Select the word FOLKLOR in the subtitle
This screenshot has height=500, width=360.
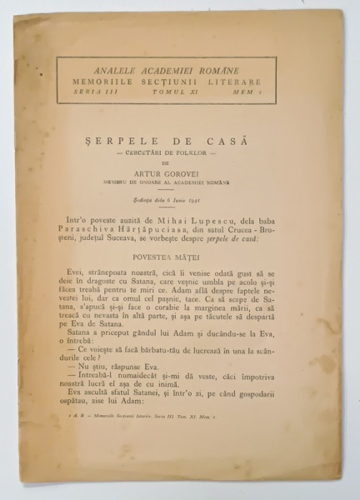(204, 135)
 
